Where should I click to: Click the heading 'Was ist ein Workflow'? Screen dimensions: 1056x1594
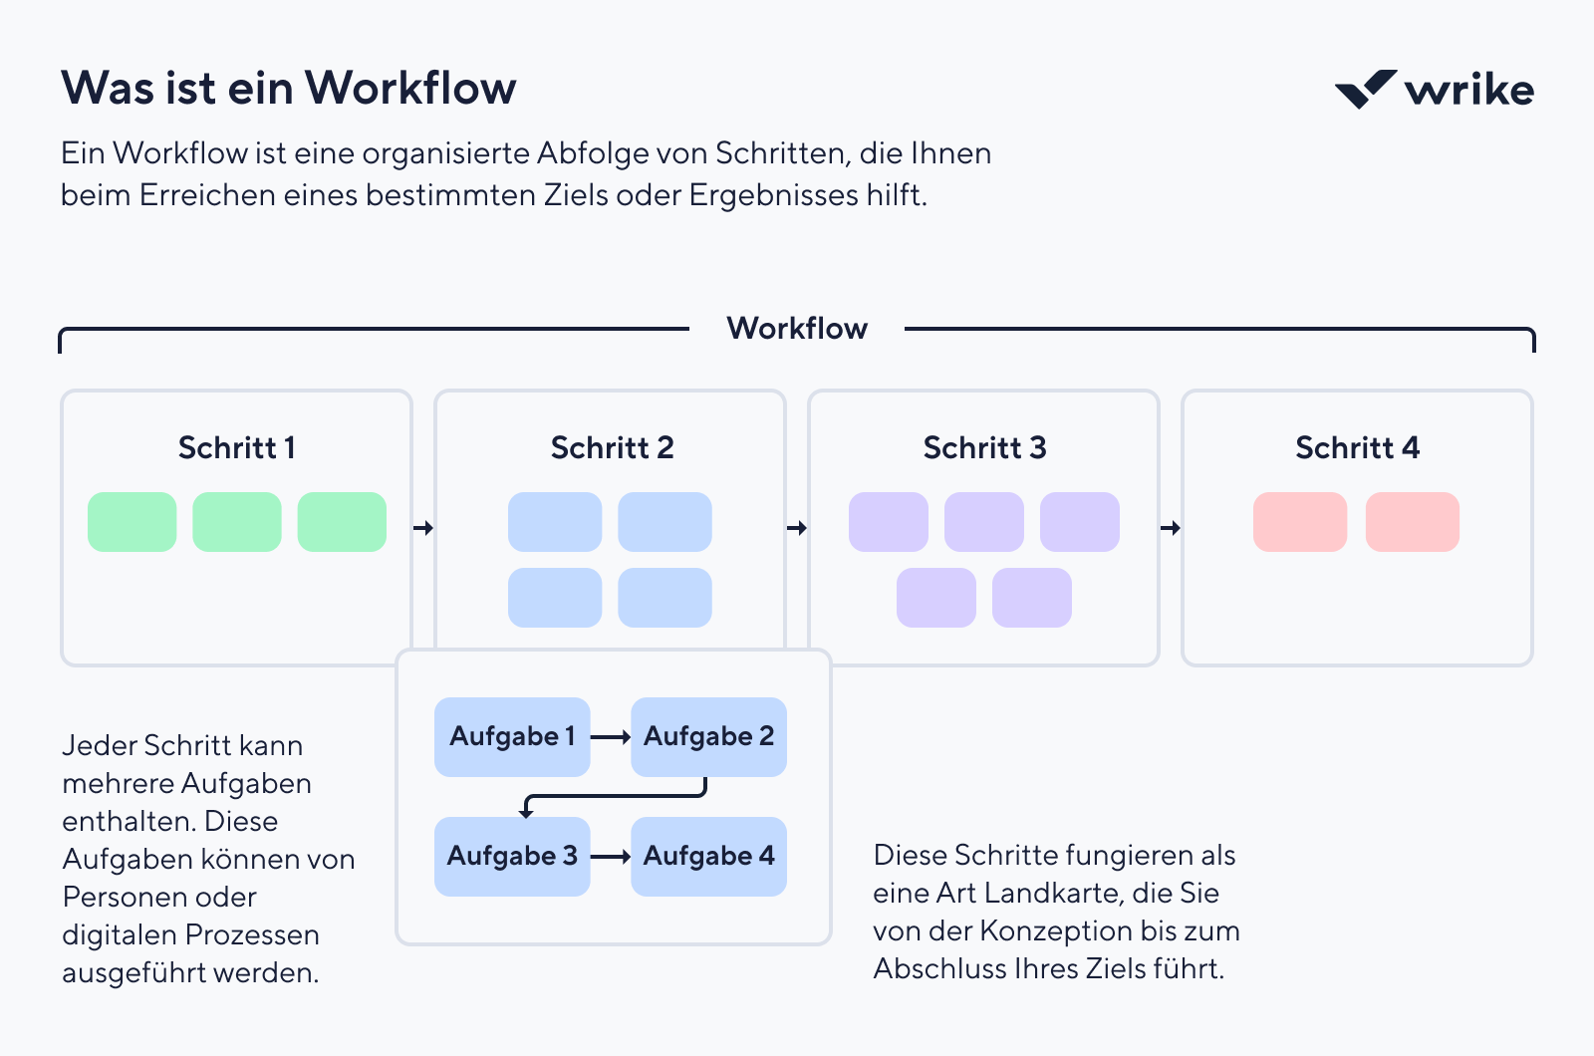pyautogui.click(x=289, y=89)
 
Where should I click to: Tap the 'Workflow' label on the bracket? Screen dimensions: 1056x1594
pyautogui.click(x=797, y=329)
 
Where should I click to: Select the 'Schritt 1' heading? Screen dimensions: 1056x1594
pyautogui.click(x=236, y=448)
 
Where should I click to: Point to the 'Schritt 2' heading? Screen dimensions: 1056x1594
pyautogui.click(x=612, y=448)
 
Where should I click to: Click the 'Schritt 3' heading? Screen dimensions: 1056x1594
pyautogui.click(x=984, y=448)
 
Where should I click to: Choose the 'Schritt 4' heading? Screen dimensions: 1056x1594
pyautogui.click(x=1357, y=448)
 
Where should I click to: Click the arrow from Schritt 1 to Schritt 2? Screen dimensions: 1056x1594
pyautogui.click(x=423, y=527)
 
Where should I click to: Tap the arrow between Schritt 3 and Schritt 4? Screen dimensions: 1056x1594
pyautogui.click(x=1171, y=527)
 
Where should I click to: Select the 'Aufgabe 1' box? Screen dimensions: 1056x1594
pyautogui.click(x=512, y=737)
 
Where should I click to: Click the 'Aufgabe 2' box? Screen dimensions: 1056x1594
pyautogui.click(x=708, y=737)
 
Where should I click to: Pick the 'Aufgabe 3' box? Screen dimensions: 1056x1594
pyautogui.click(x=512, y=857)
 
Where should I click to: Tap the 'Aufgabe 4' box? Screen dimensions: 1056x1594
pyautogui.click(x=708, y=857)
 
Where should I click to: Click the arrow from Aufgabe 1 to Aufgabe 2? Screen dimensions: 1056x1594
pyautogui.click(x=611, y=737)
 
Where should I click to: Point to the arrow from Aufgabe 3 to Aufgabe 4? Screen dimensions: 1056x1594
pyautogui.click(x=611, y=857)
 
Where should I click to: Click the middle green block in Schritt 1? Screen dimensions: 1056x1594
pyautogui.click(x=237, y=522)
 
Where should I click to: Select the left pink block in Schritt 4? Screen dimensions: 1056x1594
pyautogui.click(x=1300, y=522)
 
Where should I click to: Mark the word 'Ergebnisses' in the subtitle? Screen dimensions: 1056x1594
pyautogui.click(x=774, y=195)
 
